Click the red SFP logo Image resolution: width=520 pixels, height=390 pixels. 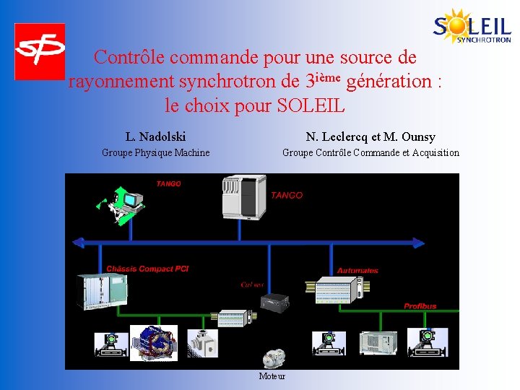[40, 51]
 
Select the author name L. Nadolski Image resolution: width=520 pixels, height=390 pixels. [155, 136]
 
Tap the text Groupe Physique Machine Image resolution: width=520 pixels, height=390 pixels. [155, 152]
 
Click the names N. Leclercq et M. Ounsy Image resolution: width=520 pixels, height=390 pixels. [370, 136]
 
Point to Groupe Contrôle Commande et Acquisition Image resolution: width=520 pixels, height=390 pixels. [370, 152]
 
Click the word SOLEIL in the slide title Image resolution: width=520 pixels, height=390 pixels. [311, 106]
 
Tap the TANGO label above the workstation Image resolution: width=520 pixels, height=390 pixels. [168, 184]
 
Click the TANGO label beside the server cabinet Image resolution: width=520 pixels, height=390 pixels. [287, 195]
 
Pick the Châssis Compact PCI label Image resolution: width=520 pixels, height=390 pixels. [147, 269]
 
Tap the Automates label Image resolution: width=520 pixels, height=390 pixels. [357, 271]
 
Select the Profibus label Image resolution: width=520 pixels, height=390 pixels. [420, 306]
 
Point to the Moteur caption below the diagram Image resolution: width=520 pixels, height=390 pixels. [272, 376]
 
